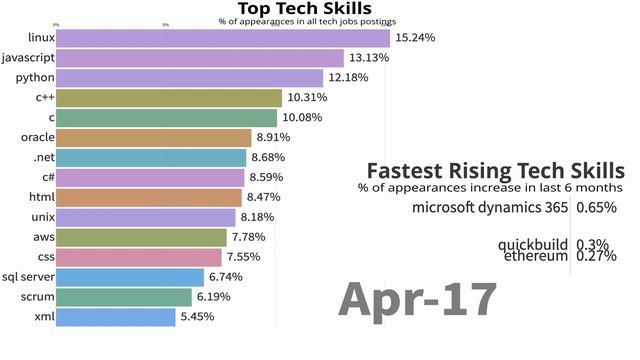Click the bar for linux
(x=222, y=38)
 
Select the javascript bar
(x=199, y=58)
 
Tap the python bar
(x=189, y=78)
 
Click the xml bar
(x=115, y=317)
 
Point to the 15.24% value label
(x=416, y=38)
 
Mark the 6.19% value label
(x=218, y=297)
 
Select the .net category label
(x=42, y=158)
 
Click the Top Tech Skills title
(x=305, y=9)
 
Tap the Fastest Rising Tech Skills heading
(x=495, y=170)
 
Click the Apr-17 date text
(x=417, y=299)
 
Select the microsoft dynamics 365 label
(x=490, y=208)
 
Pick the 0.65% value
(x=596, y=208)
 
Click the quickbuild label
(x=533, y=244)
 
